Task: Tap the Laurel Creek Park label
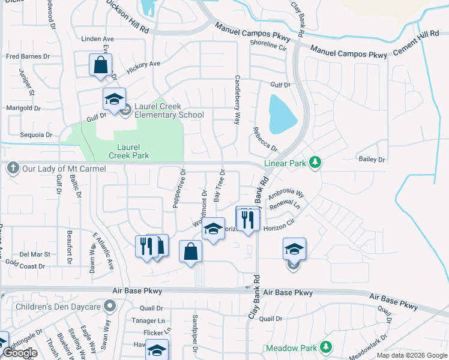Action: pos(128,151)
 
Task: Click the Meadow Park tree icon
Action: pos(325,347)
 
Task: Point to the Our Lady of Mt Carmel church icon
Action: pos(13,169)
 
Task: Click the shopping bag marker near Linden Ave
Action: pos(100,65)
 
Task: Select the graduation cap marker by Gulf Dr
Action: pos(114,100)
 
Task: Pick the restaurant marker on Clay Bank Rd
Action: pos(248,220)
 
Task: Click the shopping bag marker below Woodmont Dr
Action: pos(190,252)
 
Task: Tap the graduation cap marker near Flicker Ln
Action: pos(157,350)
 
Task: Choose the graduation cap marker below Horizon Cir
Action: pos(294,249)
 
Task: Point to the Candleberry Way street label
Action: pos(238,100)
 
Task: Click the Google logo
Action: pos(20,353)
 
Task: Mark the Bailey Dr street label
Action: pos(372,159)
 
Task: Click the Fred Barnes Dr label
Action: pos(25,57)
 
